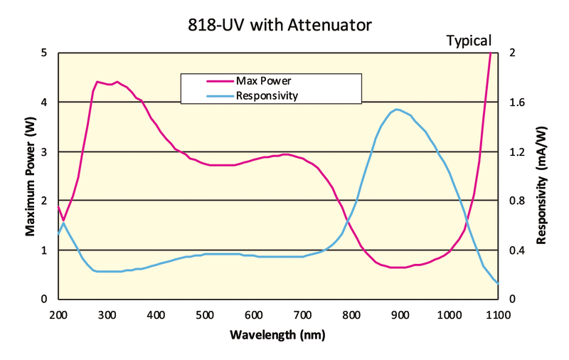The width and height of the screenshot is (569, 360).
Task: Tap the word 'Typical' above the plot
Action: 469,41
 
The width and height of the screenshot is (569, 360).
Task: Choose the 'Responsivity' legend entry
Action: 266,95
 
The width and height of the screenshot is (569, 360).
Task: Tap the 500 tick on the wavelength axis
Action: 204,313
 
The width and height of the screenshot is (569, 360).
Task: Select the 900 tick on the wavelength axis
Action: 400,313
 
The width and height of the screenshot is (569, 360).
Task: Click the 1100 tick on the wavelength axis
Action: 497,313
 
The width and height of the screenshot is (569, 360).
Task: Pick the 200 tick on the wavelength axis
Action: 58,313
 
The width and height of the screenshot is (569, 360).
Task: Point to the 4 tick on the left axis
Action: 45,102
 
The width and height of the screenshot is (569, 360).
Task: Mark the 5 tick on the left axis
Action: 45,53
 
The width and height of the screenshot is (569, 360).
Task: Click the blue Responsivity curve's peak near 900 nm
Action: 397,110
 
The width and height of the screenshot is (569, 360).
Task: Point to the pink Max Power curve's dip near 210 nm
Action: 63,220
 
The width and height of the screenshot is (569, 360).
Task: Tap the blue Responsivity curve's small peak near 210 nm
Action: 63,223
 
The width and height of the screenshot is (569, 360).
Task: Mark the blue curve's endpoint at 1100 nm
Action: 497,283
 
